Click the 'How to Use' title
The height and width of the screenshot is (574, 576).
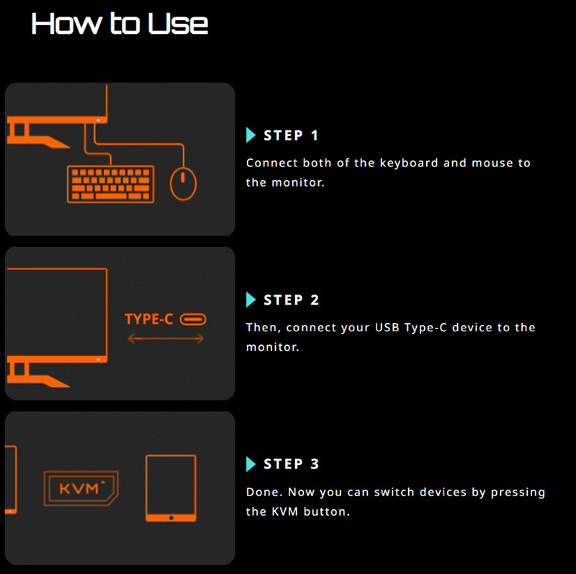coord(120,24)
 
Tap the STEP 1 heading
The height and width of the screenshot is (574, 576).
coord(291,135)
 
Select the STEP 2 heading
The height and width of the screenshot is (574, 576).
coord(292,300)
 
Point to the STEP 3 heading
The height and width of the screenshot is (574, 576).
coord(292,464)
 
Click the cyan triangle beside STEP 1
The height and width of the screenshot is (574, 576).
coord(251,135)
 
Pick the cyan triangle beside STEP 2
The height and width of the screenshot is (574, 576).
coord(251,300)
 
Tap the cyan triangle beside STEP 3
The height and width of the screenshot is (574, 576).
coord(251,464)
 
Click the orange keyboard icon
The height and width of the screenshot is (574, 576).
coord(111,184)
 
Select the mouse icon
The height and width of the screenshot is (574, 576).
coord(183,184)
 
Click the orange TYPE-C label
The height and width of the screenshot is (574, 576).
coord(149,319)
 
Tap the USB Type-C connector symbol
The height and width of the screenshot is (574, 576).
coord(193,319)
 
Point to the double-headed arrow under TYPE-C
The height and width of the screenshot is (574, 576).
coord(166,338)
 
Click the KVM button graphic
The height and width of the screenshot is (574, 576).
coord(81,488)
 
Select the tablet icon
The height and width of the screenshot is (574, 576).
coord(171,488)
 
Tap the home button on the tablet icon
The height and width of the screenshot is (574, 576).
coord(171,518)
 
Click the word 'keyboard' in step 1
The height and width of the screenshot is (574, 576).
coord(409,163)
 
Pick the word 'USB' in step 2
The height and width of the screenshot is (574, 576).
coord(387,327)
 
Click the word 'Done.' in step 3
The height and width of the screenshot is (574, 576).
coord(264,492)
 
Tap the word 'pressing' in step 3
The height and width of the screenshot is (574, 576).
coord(518,493)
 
